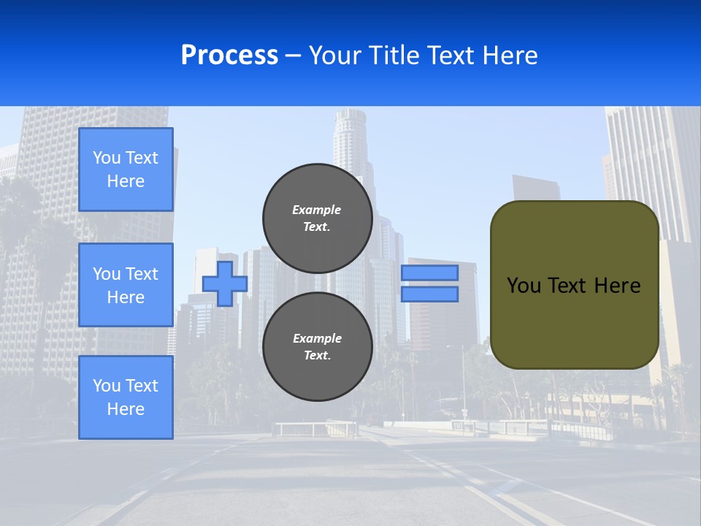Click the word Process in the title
pyautogui.click(x=229, y=55)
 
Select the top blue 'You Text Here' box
pyautogui.click(x=126, y=169)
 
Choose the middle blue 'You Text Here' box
pyautogui.click(x=126, y=285)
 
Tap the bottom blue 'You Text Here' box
pyautogui.click(x=126, y=397)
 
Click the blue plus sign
pyautogui.click(x=225, y=283)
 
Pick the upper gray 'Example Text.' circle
pyautogui.click(x=318, y=218)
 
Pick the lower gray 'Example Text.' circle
pyautogui.click(x=318, y=347)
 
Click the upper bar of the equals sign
pyautogui.click(x=429, y=272)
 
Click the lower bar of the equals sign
pyautogui.click(x=429, y=294)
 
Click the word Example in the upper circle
pyautogui.click(x=317, y=210)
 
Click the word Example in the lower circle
pyautogui.click(x=317, y=338)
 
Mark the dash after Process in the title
pyautogui.click(x=293, y=56)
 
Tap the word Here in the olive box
pyautogui.click(x=618, y=286)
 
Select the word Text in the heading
pyautogui.click(x=450, y=55)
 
